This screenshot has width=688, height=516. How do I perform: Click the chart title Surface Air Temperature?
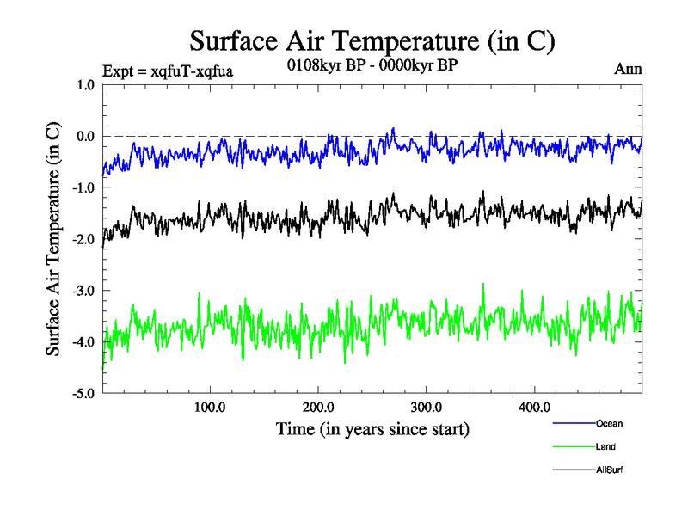372,40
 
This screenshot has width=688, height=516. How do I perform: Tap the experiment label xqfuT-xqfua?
168,71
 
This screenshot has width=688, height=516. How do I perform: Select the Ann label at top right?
628,69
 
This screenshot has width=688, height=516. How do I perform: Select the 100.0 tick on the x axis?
210,407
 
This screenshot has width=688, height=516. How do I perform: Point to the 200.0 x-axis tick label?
318,407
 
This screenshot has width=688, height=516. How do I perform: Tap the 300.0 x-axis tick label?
427,407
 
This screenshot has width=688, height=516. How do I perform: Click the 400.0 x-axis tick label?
534,407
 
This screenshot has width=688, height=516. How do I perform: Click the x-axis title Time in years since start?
372,427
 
